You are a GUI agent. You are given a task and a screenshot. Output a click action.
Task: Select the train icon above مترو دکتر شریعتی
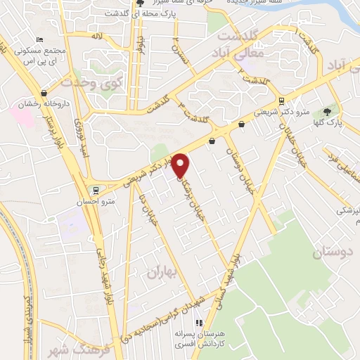(281, 101)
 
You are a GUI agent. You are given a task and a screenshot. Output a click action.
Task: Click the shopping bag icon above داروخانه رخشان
(44, 92)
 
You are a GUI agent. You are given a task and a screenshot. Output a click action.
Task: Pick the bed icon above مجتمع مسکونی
(40, 39)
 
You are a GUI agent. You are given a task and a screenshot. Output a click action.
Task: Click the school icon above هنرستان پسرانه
(200, 322)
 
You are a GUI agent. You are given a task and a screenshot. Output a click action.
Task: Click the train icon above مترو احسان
(94, 190)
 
